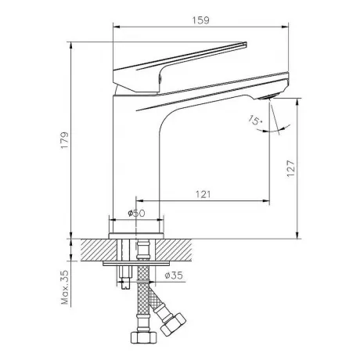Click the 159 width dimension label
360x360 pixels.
[201, 20]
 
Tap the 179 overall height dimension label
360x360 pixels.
[65, 140]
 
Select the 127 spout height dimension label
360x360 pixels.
[290, 168]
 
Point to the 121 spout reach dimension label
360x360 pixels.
[203, 194]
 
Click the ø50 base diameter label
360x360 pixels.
[136, 213]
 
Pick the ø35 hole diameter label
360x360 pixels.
[174, 275]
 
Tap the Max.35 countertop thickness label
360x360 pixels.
[65, 287]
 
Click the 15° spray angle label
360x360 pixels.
[255, 121]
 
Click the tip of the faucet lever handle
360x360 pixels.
[246, 43]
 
